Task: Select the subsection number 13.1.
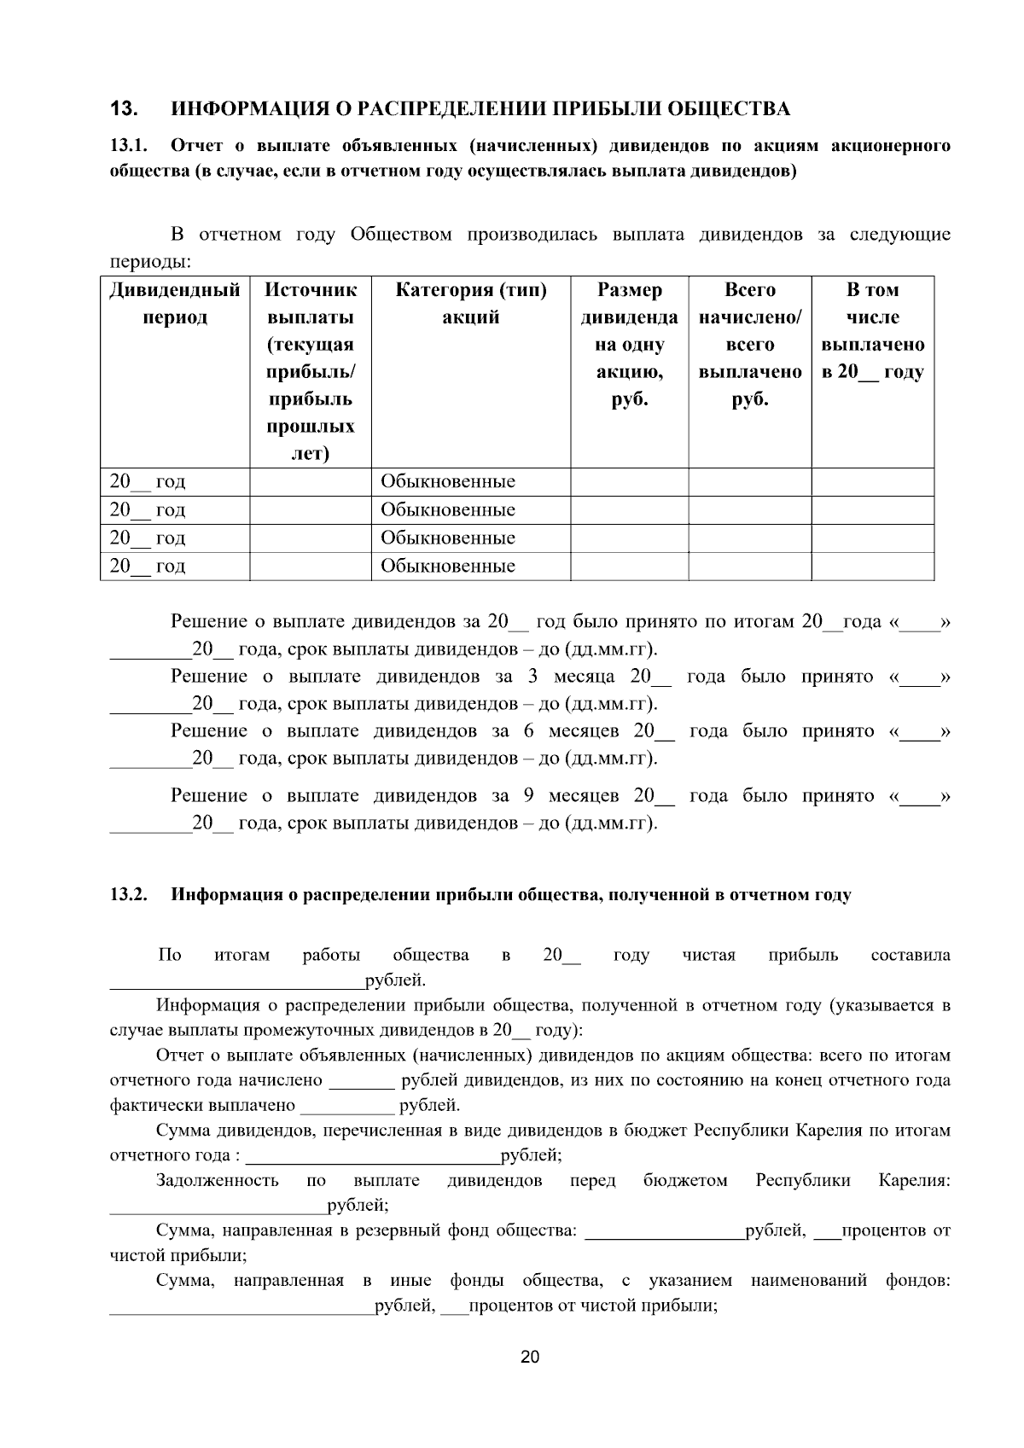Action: (130, 146)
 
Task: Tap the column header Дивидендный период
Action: (174, 304)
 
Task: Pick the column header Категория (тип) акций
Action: (471, 304)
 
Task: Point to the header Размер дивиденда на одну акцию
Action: (630, 345)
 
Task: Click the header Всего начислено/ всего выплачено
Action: (750, 345)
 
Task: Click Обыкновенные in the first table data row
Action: (448, 482)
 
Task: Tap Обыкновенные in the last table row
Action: (448, 567)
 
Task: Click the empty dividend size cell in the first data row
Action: (630, 482)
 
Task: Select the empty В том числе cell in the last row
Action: (872, 567)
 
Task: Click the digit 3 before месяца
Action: (532, 677)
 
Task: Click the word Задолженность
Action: (218, 1181)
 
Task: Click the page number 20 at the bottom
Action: (530, 1358)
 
